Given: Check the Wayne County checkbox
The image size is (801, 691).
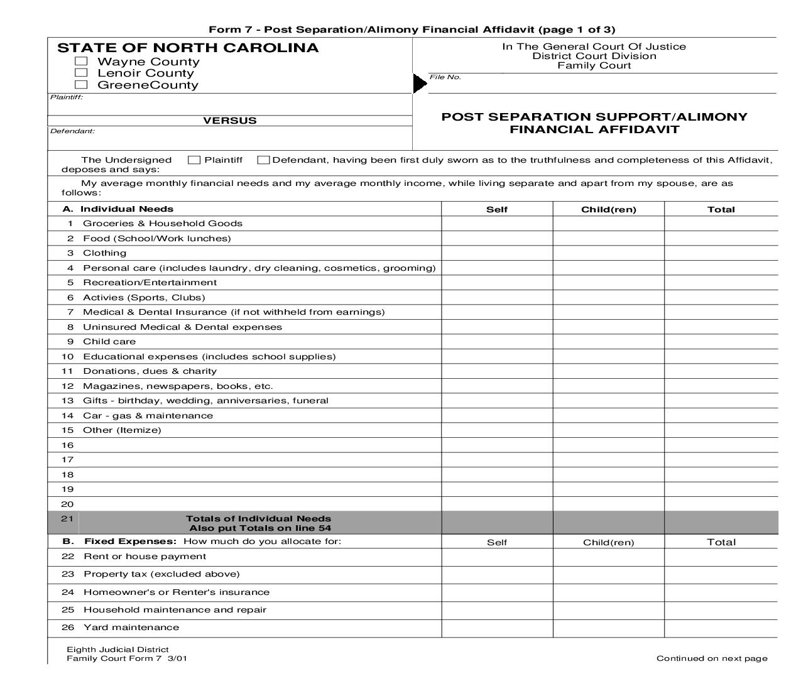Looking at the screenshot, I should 81,61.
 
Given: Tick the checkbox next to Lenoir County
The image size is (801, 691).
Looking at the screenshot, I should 81,73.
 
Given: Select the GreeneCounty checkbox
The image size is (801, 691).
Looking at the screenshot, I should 81,85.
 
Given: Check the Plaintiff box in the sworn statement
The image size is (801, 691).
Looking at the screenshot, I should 194,160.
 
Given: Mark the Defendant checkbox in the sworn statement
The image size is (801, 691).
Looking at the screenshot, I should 264,160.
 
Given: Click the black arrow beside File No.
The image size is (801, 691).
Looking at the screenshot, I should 420,84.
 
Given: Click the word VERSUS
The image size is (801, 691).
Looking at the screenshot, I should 230,121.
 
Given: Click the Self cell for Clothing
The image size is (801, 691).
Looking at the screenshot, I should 497,253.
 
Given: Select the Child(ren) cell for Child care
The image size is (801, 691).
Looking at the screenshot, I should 608,342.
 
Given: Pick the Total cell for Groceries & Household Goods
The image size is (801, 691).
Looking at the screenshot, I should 721,224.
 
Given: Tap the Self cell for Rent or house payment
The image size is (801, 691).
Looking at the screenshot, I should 497,557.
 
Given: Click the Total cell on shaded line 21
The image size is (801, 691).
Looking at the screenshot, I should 721,523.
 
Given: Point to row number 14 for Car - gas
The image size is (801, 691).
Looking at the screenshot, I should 67,416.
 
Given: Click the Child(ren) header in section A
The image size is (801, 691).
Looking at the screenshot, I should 608,210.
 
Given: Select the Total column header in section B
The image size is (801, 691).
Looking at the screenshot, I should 721,542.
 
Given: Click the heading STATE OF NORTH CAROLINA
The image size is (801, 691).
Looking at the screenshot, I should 188,48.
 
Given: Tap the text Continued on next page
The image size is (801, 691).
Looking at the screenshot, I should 712,658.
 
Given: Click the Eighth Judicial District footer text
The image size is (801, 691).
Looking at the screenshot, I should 117,650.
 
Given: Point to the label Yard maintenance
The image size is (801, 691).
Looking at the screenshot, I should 131,628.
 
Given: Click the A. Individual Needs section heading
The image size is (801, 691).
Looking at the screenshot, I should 118,209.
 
